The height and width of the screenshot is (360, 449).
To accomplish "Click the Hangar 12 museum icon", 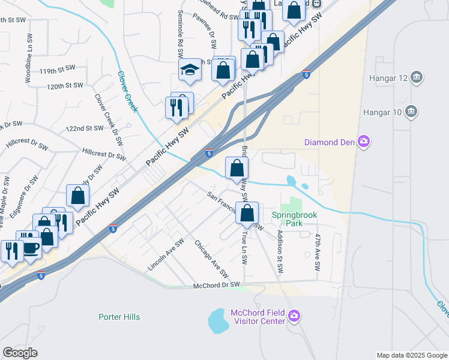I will tap(418, 77).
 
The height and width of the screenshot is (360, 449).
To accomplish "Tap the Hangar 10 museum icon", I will tap(412, 111).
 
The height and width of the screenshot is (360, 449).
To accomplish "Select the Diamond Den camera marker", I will tap(363, 142).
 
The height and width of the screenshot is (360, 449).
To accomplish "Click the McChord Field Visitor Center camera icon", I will tap(294, 316).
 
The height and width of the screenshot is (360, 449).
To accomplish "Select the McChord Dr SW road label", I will tap(216, 286).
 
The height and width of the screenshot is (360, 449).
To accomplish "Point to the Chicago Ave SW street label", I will tap(211, 259).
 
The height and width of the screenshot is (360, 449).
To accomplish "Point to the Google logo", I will tap(20, 353).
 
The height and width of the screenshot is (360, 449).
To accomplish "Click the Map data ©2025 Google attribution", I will tap(411, 355).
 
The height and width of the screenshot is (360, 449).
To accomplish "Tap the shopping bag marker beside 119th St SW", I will tap(223, 70).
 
